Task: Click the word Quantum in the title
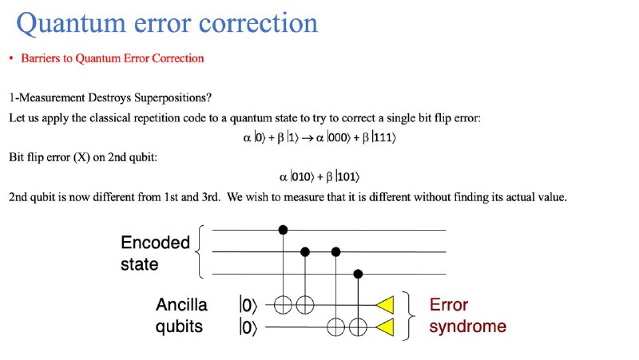click(x=71, y=24)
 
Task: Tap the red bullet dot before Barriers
click(x=11, y=58)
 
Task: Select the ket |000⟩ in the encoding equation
click(x=338, y=137)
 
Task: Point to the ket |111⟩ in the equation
click(x=384, y=137)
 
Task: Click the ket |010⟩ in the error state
click(x=302, y=176)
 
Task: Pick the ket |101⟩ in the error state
click(x=347, y=176)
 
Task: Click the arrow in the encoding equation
click(x=308, y=138)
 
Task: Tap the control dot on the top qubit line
click(x=283, y=230)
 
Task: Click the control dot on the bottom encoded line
click(x=358, y=274)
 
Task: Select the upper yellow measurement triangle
click(x=385, y=305)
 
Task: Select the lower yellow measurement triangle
click(x=385, y=327)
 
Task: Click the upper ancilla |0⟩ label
click(x=248, y=305)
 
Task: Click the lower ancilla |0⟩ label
click(x=248, y=327)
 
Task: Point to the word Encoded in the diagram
click(x=155, y=243)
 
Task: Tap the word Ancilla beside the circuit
click(x=181, y=305)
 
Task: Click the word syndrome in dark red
click(x=468, y=326)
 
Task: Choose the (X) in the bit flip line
click(x=81, y=157)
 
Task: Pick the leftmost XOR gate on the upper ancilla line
click(x=283, y=305)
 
